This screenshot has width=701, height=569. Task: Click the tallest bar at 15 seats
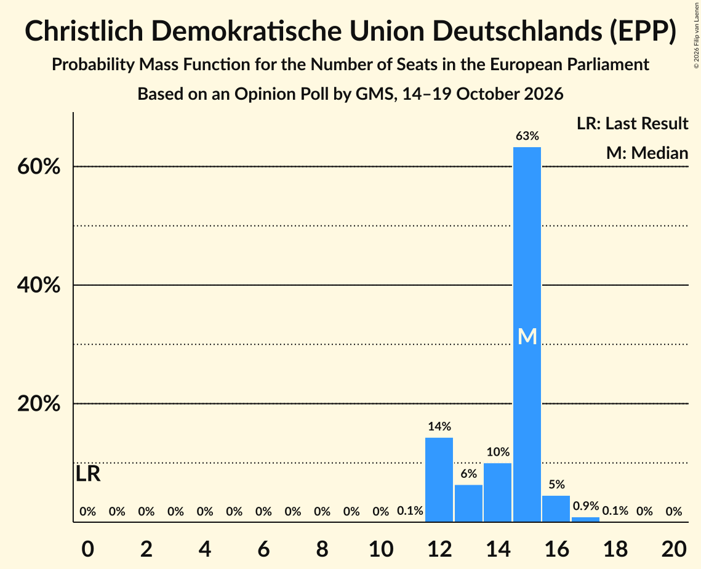[x=527, y=334]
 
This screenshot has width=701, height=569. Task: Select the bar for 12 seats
[x=439, y=480]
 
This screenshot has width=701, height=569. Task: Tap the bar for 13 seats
[x=468, y=503]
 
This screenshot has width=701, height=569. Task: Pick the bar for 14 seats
[x=497, y=492]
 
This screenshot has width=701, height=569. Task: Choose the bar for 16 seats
[x=556, y=509]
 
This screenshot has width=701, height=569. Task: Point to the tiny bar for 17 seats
[x=586, y=519]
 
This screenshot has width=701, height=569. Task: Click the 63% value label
[x=527, y=135]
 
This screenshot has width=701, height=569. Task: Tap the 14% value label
[x=439, y=426]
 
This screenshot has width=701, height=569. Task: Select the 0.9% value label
[x=586, y=506]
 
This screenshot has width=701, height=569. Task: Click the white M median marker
[x=527, y=336]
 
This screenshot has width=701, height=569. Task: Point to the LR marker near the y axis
[x=88, y=474]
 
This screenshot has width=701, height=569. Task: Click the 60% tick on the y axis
[x=39, y=167]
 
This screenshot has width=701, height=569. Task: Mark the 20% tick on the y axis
[x=39, y=404]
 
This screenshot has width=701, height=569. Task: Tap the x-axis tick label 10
[x=381, y=549]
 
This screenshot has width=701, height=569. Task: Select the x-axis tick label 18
[x=615, y=549]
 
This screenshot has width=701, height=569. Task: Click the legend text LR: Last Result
[x=632, y=123]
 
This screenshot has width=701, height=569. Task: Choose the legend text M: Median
[x=647, y=153]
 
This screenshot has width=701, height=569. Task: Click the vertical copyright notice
[x=697, y=35]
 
